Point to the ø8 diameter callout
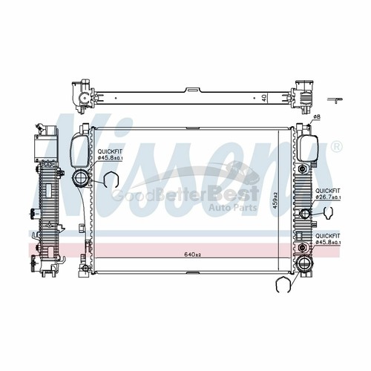tap(315, 117)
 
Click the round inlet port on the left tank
tap(79, 178)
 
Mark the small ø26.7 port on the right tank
tap(304, 215)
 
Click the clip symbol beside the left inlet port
tap(109, 180)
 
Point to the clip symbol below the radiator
tap(283, 286)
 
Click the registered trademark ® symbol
tap(338, 148)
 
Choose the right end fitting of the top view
tap(303, 95)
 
